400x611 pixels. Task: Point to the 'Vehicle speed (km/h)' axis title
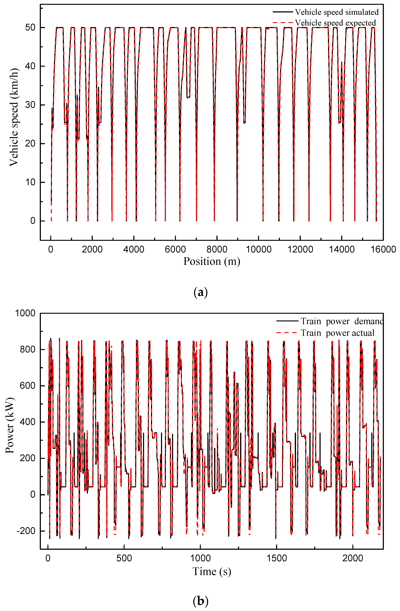[14, 117]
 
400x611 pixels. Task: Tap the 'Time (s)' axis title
[212, 572]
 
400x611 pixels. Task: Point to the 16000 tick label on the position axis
[383, 249]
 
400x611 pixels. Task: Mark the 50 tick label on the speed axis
[30, 27]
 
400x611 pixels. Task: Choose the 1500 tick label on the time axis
[276, 558]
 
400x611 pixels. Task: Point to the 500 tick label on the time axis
[124, 558]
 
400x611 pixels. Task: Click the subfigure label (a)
[200, 292]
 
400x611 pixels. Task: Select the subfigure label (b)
[200, 601]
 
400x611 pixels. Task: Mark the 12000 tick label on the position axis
[300, 249]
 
